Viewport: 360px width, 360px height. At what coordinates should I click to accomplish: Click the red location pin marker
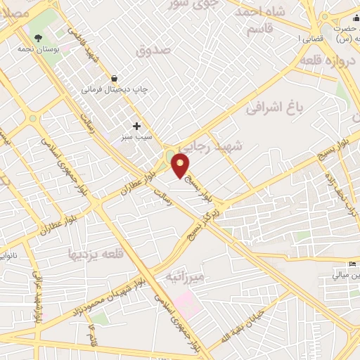(181, 166)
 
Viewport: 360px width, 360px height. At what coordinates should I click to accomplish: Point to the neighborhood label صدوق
(153, 51)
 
